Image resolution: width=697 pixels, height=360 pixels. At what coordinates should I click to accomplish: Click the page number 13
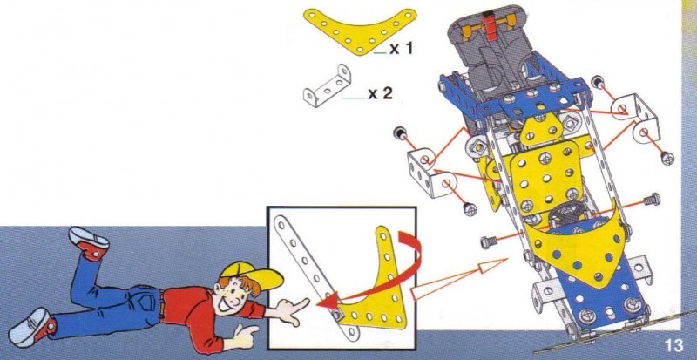(x=673, y=346)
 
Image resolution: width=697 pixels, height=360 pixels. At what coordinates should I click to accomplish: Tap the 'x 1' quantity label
(x=402, y=49)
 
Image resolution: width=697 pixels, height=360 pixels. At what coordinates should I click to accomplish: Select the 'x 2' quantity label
(x=381, y=93)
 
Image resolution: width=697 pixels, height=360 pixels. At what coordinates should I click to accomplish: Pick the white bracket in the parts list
(x=327, y=85)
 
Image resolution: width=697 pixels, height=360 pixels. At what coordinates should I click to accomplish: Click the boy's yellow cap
(x=251, y=275)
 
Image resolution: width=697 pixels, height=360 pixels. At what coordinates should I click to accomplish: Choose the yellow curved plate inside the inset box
(x=383, y=294)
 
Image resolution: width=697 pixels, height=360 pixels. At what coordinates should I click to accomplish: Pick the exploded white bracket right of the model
(x=636, y=117)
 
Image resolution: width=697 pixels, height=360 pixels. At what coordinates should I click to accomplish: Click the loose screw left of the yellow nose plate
(x=490, y=241)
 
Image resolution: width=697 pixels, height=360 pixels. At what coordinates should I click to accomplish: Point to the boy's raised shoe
(x=89, y=242)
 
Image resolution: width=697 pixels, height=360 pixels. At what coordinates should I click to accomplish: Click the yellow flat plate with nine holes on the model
(x=546, y=175)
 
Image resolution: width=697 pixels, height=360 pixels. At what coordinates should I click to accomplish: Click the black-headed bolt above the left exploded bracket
(x=399, y=132)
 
